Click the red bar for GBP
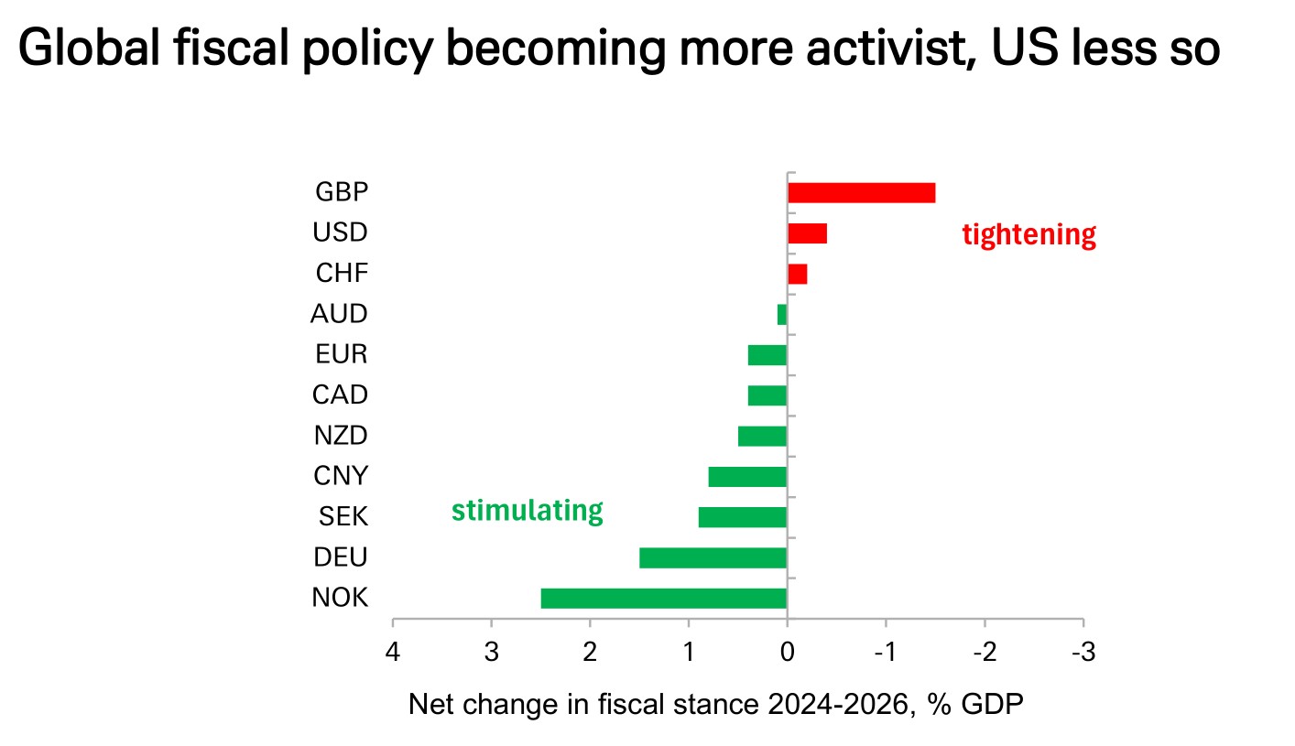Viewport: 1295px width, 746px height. click(x=861, y=192)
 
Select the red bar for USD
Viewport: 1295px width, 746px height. click(x=807, y=232)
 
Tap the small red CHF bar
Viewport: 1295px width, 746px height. click(x=798, y=274)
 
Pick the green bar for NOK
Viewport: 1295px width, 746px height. click(x=663, y=598)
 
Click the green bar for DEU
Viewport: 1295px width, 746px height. click(x=713, y=557)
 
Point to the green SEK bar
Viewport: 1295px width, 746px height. click(x=742, y=517)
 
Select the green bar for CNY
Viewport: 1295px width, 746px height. click(x=747, y=477)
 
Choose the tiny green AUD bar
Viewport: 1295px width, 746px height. click(x=782, y=314)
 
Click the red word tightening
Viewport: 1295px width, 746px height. click(x=1028, y=235)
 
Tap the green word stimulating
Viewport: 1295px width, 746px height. click(x=527, y=511)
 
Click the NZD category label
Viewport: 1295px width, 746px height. click(x=340, y=436)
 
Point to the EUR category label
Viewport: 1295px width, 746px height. click(x=341, y=354)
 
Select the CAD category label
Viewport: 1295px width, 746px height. click(x=340, y=395)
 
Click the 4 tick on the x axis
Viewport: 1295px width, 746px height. click(x=393, y=653)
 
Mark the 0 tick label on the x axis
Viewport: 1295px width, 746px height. click(x=787, y=653)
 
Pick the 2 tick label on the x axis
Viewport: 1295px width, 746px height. click(x=590, y=653)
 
